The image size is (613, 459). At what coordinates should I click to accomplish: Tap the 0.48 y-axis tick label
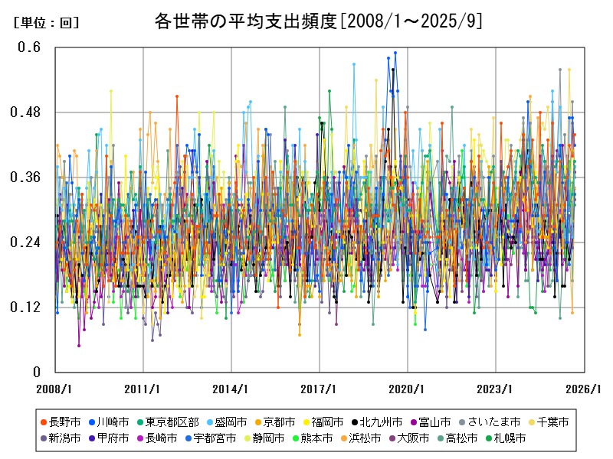point(26,112)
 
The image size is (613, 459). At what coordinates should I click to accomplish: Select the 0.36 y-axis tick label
point(26,177)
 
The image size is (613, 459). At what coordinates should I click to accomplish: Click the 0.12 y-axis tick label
point(26,308)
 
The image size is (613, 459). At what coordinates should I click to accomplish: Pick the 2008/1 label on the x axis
point(54,389)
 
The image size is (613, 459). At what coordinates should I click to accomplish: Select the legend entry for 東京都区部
point(178,422)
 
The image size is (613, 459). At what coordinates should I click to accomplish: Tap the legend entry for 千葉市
point(550,422)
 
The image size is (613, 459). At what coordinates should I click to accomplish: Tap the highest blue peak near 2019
point(395,53)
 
